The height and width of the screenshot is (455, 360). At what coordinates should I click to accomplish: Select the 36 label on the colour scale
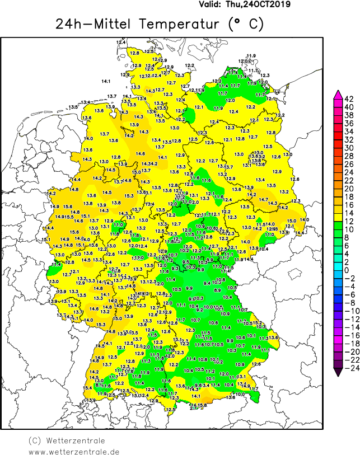pos(348,123)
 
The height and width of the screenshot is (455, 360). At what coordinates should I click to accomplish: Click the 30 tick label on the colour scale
pos(348,148)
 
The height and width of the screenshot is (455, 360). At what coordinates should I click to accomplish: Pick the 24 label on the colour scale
pos(348,172)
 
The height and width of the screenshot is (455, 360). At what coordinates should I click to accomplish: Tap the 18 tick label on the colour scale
pos(348,197)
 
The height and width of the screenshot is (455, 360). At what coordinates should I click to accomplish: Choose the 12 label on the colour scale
pos(348,221)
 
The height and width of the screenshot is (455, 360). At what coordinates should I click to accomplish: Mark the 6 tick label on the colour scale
pos(348,246)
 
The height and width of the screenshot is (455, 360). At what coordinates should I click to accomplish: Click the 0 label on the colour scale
pos(348,270)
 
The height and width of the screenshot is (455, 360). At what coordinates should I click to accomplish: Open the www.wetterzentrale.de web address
pos(74,451)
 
